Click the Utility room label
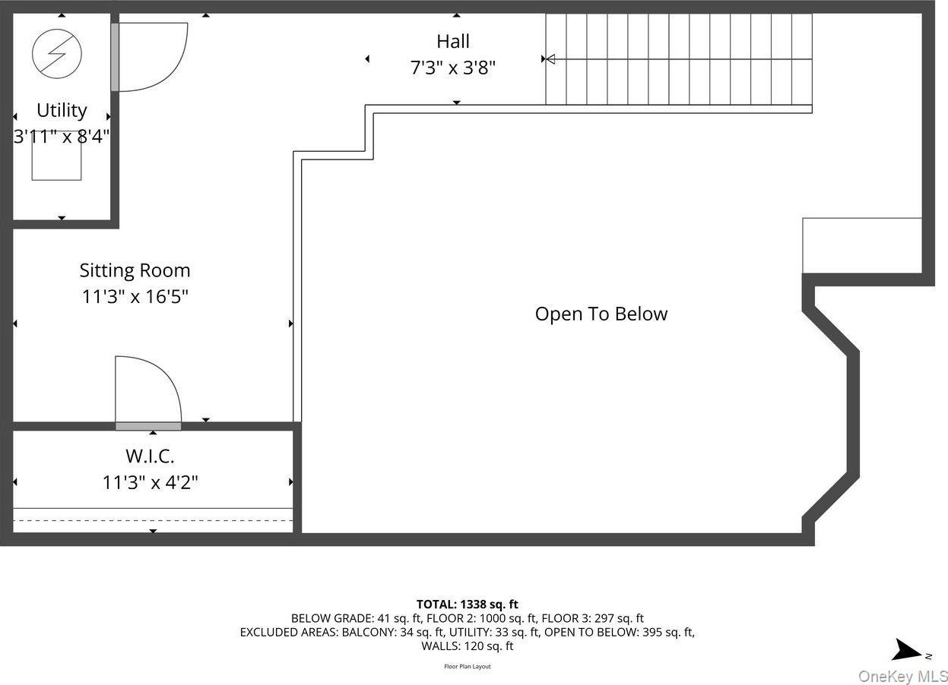point(62,110)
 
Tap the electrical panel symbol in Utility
point(57,54)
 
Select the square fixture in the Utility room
point(56,156)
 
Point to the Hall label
point(453,42)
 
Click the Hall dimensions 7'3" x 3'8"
point(453,68)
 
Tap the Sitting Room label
point(135,271)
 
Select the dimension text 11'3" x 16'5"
point(135,296)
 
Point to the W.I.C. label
point(150,456)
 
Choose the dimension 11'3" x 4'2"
point(151,482)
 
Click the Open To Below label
point(601,314)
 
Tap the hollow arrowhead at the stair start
point(550,59)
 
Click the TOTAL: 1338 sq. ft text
point(468,605)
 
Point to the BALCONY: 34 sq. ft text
point(393,632)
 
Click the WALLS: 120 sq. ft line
point(468,646)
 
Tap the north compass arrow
point(907,650)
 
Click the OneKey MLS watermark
point(902,676)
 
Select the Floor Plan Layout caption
point(468,667)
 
